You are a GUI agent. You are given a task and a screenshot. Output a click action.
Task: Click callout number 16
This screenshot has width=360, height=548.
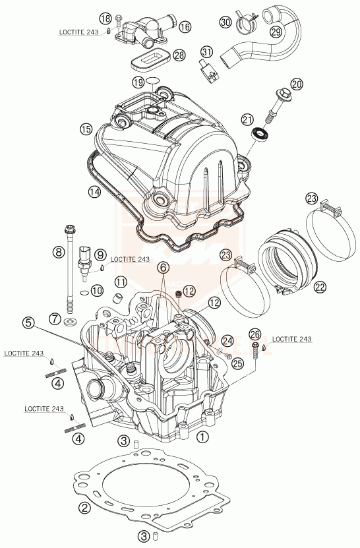185,27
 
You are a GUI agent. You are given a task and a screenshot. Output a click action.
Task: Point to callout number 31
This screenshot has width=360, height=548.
207,52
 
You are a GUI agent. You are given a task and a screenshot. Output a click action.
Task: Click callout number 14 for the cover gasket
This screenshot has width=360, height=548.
95,192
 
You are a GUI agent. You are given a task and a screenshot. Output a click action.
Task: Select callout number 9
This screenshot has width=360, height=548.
100,255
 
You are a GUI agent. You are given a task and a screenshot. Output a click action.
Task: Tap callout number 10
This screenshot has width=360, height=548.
97,290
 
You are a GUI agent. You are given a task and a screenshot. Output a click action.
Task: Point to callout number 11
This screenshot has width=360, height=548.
121,282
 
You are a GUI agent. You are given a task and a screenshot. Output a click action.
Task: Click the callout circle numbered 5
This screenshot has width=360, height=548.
27,323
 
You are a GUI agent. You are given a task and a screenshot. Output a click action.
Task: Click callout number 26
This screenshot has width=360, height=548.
255,333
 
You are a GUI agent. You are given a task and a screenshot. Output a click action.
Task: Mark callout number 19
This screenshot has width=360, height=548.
137,82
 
